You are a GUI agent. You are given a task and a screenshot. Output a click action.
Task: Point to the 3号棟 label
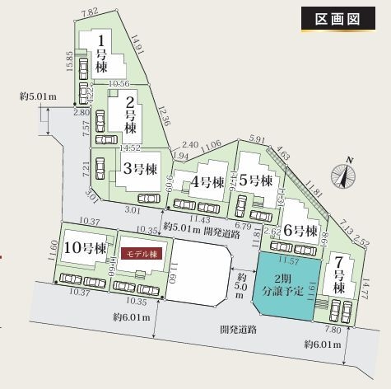click(140, 169)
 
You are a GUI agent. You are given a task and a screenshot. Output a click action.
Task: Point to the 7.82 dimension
click(90, 12)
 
